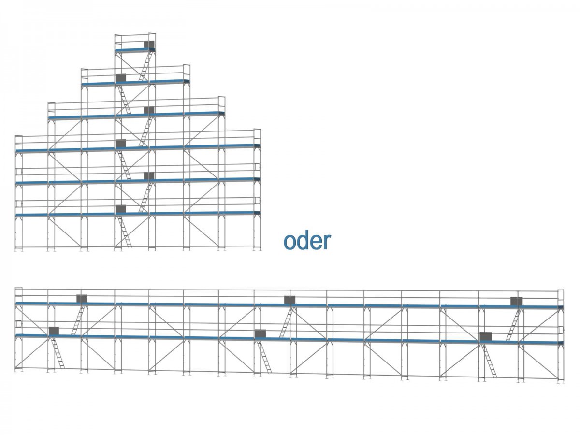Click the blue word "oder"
pyautogui.click(x=307, y=241)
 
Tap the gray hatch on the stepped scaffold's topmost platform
pyautogui.click(x=149, y=44)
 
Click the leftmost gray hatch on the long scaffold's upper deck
pyautogui.click(x=81, y=299)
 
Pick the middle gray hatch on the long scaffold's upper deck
pyautogui.click(x=290, y=300)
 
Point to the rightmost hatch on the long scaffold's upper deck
pyautogui.click(x=516, y=301)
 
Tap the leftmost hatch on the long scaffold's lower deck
pyautogui.click(x=53, y=331)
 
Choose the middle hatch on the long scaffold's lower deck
pyautogui.click(x=260, y=333)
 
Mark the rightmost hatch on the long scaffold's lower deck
pyautogui.click(x=485, y=336)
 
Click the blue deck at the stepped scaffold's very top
pyautogui.click(x=135, y=50)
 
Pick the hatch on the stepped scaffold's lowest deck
pyautogui.click(x=121, y=209)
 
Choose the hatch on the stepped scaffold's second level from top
pyautogui.click(x=121, y=78)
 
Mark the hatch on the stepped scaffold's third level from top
pyautogui.click(x=149, y=110)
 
